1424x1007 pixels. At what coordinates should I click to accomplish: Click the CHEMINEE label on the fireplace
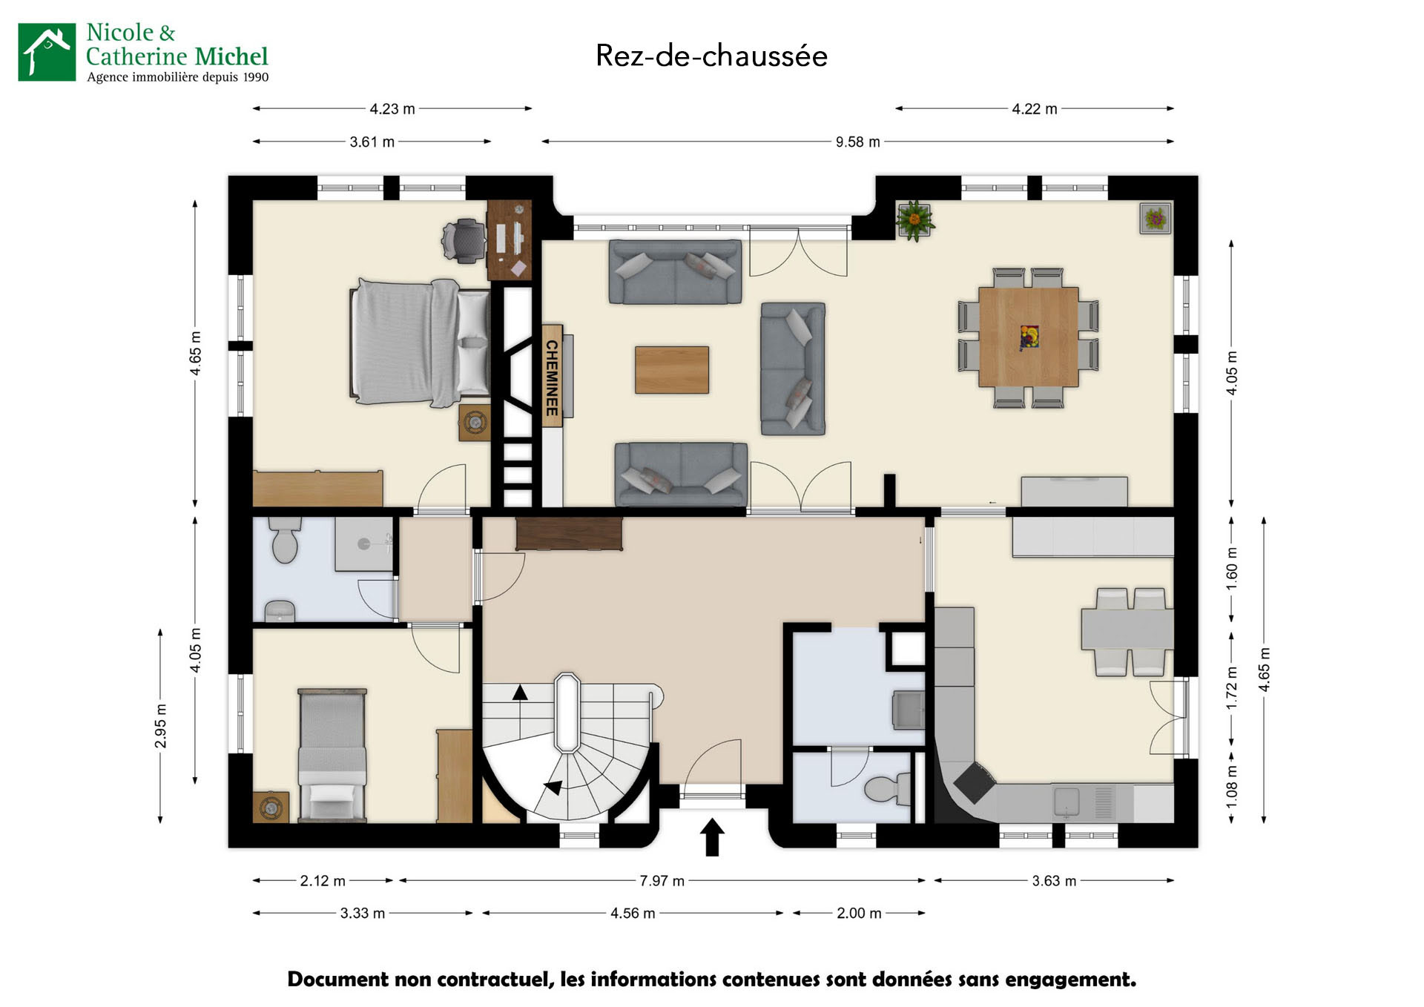[x=552, y=377]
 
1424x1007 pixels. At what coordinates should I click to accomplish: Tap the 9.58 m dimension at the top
[x=857, y=142]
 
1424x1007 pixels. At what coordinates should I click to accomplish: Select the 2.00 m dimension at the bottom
[x=859, y=913]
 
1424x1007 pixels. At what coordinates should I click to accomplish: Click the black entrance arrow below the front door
[x=712, y=836]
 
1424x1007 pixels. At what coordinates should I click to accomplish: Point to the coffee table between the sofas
[x=671, y=369]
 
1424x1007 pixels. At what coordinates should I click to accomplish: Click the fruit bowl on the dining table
[x=1029, y=337]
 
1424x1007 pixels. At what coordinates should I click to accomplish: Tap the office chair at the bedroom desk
[x=462, y=240]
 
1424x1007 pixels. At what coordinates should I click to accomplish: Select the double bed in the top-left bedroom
[x=419, y=343]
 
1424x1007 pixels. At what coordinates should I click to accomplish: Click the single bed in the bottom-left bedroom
[x=332, y=755]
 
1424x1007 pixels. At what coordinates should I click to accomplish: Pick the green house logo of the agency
[x=47, y=52]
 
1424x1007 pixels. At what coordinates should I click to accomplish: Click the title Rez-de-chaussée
[x=711, y=56]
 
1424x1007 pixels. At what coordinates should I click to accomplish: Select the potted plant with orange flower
[x=914, y=219]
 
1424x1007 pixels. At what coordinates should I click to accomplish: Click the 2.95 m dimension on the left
[x=160, y=726]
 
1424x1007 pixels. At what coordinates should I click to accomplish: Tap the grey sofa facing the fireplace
[x=793, y=368]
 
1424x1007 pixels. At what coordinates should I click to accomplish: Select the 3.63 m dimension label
[x=1053, y=880]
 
